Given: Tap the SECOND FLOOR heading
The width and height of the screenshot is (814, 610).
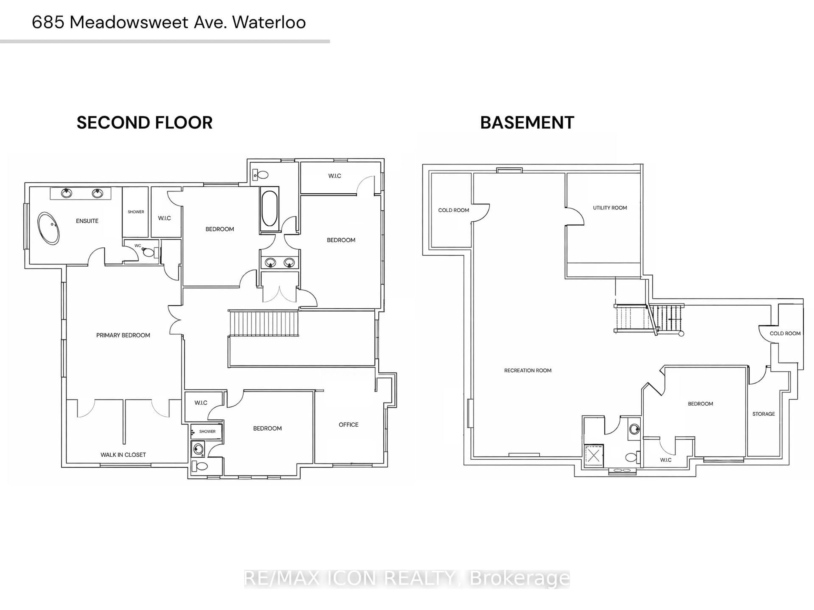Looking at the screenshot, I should click(144, 123).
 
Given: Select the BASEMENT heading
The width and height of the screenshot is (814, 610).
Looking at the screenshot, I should click(527, 123).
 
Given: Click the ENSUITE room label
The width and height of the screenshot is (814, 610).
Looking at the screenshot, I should click(87, 221).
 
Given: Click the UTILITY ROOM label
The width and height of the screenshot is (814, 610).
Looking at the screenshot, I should click(610, 208).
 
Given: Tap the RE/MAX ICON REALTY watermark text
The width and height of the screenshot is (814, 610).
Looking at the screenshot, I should click(407, 578).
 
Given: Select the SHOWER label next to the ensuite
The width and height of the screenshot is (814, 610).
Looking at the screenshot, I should click(136, 212).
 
